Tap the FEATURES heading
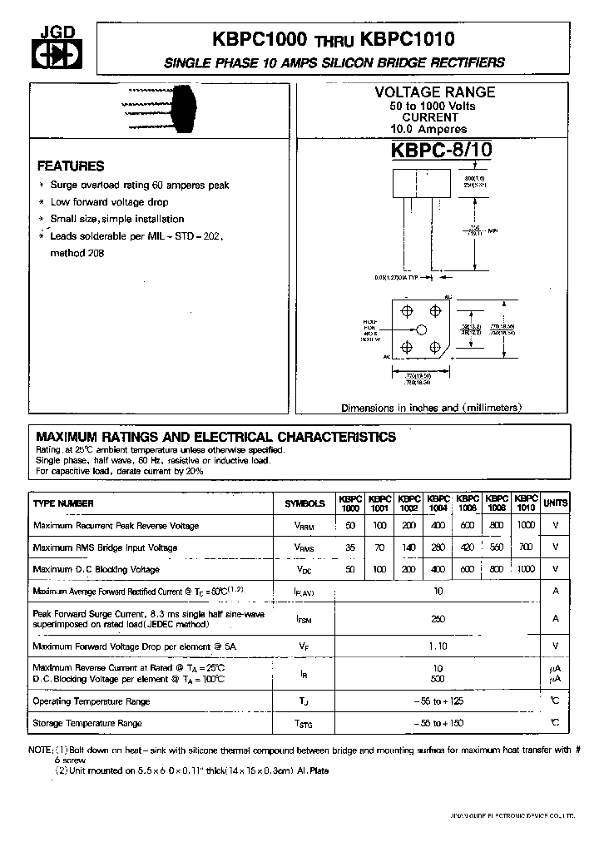click(71, 166)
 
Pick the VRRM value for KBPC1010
click(526, 526)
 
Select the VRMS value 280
click(438, 547)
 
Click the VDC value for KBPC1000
click(349, 569)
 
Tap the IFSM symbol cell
click(305, 619)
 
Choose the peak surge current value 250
click(438, 619)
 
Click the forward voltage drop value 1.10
click(438, 646)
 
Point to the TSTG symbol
click(305, 724)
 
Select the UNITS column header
click(556, 503)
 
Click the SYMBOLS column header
click(305, 503)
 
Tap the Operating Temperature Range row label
click(92, 701)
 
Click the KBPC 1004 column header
click(438, 503)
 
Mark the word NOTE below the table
click(41, 750)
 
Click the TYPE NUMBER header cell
click(63, 503)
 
